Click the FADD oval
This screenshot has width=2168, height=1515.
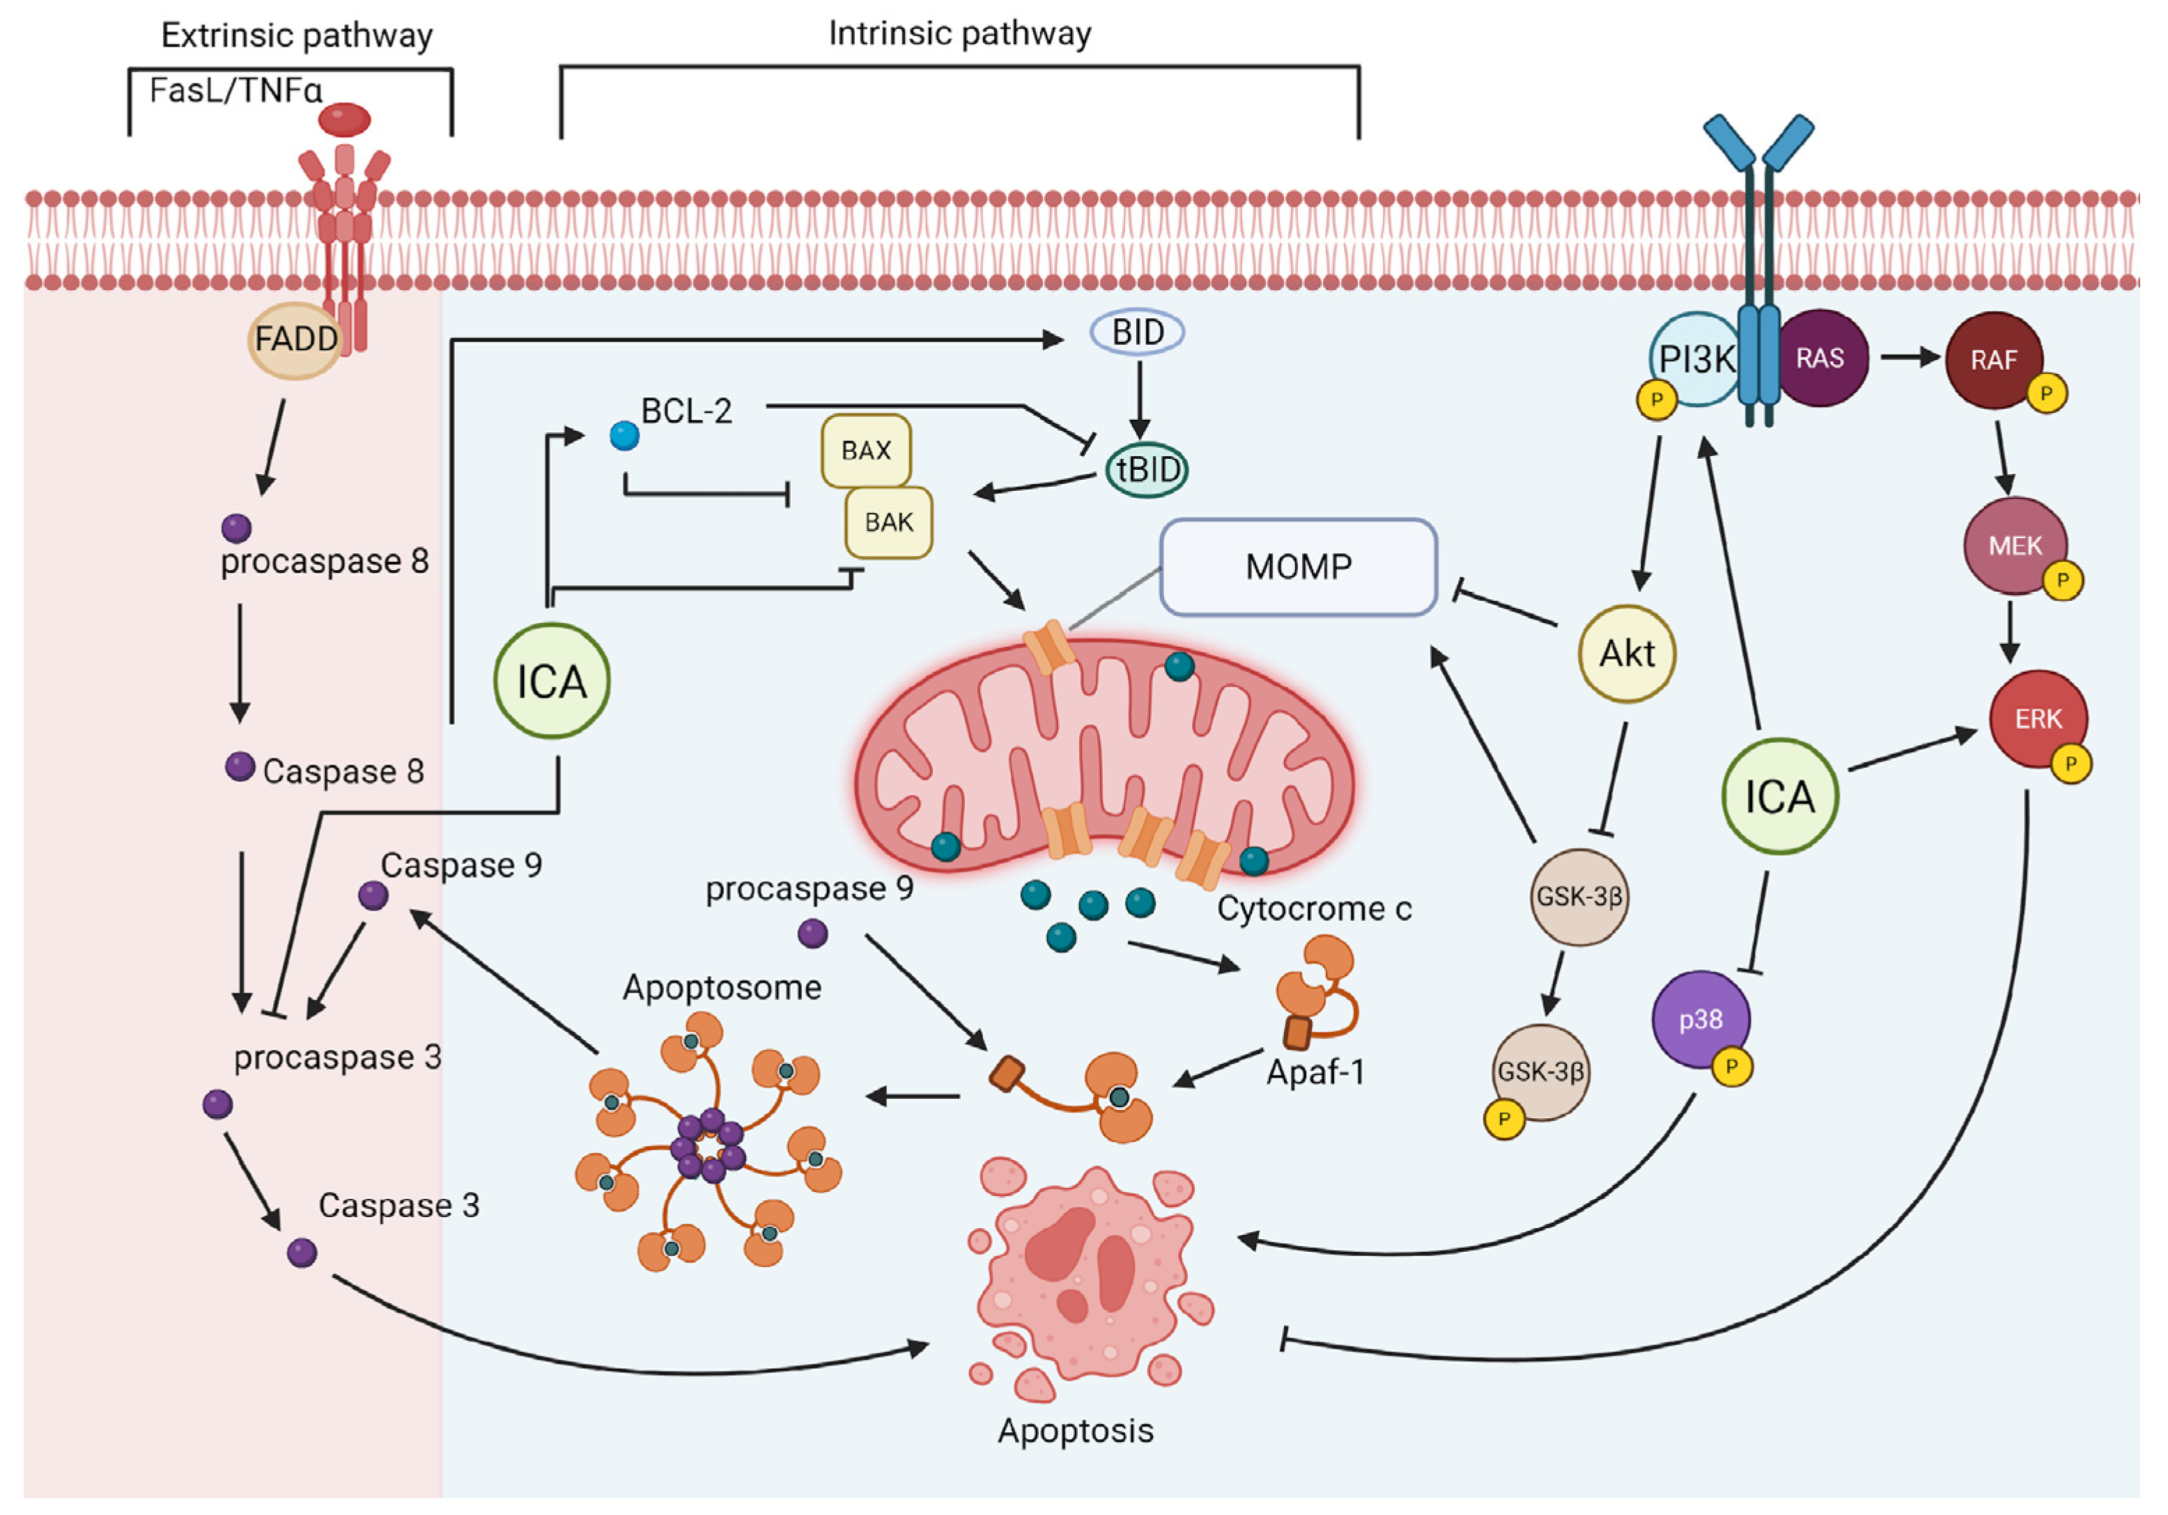295,340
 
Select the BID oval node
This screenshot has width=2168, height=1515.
1137,332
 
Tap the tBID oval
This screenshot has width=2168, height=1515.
1146,470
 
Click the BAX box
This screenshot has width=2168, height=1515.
866,450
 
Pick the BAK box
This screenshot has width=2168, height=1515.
888,522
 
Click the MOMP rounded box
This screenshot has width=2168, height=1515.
1299,567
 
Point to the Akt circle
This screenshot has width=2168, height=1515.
1627,653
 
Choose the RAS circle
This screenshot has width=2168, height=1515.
1820,359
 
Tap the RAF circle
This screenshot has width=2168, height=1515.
1992,360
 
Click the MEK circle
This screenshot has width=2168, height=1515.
2014,546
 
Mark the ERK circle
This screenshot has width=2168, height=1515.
2038,719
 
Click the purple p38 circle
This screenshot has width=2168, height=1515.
1701,1019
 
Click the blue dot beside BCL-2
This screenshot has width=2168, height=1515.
624,436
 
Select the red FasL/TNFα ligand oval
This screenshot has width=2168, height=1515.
345,120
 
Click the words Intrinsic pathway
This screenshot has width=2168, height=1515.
959,34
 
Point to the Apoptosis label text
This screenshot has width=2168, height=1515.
1076,1431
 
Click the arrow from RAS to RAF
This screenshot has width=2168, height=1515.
1907,358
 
